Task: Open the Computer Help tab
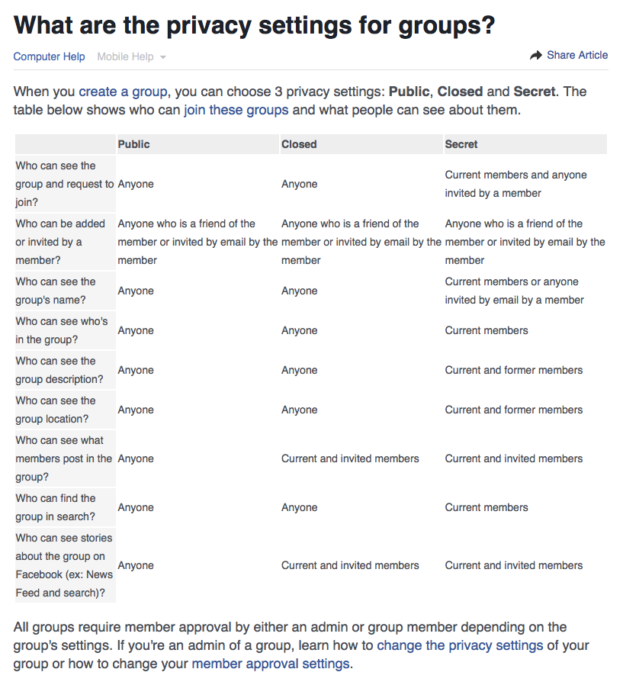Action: tap(49, 56)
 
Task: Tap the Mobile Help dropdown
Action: tap(131, 56)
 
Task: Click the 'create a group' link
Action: tap(123, 92)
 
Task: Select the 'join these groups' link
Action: tap(236, 110)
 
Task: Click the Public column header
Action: tap(134, 144)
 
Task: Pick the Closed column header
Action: tap(299, 144)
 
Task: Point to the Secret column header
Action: tap(461, 144)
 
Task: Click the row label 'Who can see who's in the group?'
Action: tap(62, 330)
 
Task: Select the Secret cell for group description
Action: tap(514, 370)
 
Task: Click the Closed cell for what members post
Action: tap(350, 458)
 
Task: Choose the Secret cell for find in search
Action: tap(487, 507)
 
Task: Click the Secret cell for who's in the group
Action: tap(487, 330)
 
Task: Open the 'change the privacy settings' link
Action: tap(460, 645)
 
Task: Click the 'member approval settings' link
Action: tap(271, 664)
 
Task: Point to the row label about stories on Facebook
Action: tap(64, 565)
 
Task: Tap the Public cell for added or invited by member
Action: tap(197, 242)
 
